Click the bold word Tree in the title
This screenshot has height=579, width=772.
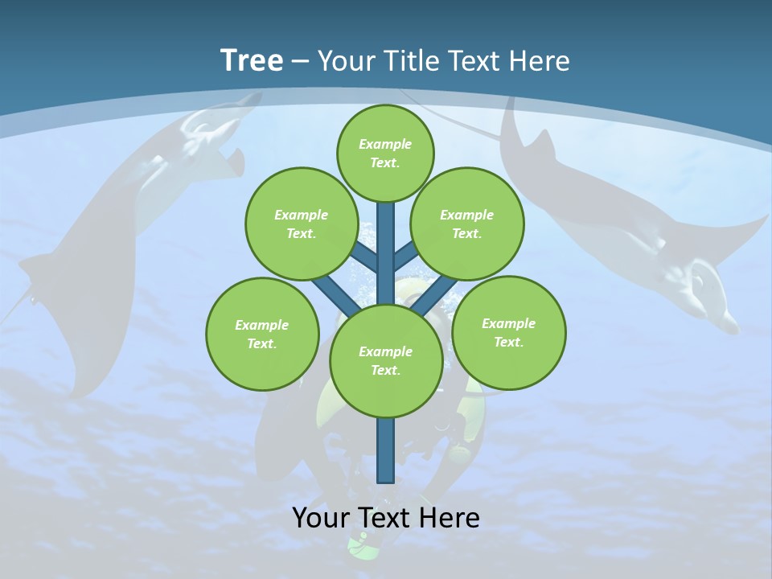tap(252, 61)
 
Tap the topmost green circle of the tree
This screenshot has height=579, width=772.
tap(385, 153)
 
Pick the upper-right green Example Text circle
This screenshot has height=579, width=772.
tap(467, 224)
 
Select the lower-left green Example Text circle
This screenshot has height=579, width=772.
tap(262, 334)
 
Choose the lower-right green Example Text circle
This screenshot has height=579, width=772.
tap(508, 332)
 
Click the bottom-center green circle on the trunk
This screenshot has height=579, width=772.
tap(386, 360)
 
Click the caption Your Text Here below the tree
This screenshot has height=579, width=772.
tap(386, 518)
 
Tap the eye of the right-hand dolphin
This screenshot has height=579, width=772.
tap(697, 281)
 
